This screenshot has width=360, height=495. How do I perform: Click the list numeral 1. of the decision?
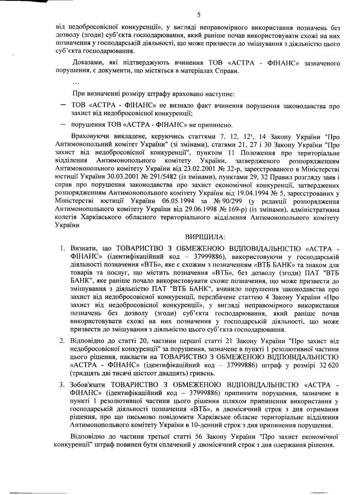pos(63,249)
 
